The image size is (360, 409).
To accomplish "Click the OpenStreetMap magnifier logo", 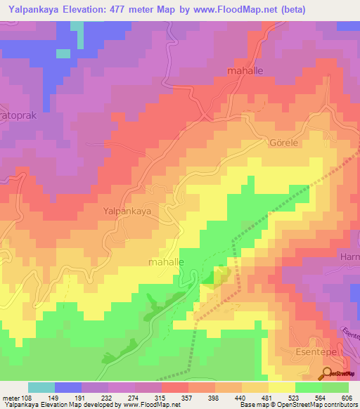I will (328, 373).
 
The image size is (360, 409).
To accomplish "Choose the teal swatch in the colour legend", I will (41, 387).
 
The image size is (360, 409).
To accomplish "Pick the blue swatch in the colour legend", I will (68, 387).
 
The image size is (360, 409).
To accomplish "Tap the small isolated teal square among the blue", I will (63, 53).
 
